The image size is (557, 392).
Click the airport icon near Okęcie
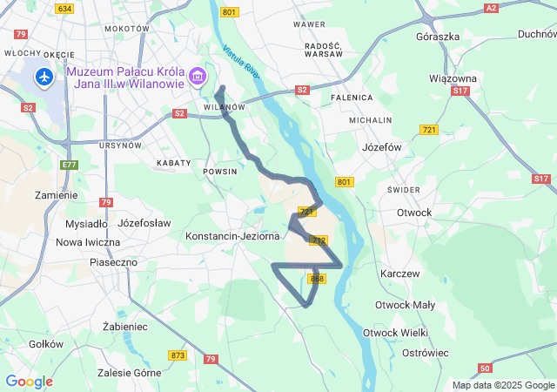point(44,78)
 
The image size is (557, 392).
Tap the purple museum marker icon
point(199,78)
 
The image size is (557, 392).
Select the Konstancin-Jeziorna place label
point(232,236)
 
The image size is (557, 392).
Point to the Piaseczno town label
point(114,261)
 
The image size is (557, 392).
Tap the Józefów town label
point(381,147)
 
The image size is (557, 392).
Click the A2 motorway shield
point(491,8)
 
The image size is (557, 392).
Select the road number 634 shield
point(64,8)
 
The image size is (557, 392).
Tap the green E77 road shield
point(70,164)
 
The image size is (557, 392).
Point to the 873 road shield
point(178,355)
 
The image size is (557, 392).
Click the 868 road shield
point(317,279)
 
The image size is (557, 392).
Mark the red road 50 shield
point(485,368)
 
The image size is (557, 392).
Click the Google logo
point(29,382)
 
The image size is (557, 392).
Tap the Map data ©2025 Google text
point(502,385)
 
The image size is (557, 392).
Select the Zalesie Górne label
point(131,372)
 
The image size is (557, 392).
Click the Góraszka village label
point(438,37)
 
